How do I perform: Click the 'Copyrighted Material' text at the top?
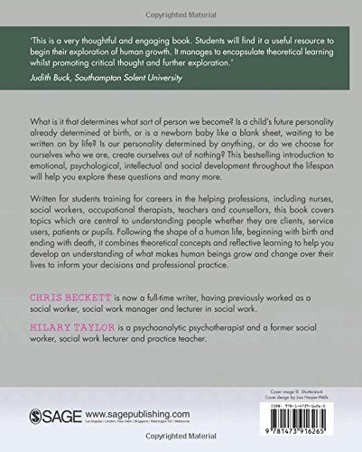181,6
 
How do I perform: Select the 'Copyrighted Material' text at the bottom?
181,447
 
